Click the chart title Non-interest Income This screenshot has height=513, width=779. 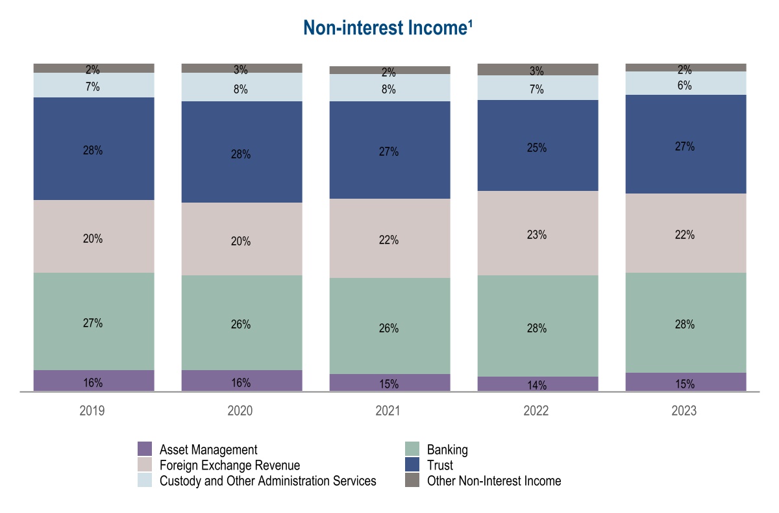tap(389, 28)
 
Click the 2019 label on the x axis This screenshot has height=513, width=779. tap(93, 411)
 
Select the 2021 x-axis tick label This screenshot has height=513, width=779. tap(389, 411)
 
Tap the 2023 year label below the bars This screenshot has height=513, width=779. tap(685, 411)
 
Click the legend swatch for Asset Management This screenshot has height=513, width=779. tap(145, 449)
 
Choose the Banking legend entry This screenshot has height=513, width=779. tap(447, 449)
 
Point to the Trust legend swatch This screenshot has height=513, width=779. tap(412, 465)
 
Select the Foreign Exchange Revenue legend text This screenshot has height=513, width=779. tap(230, 465)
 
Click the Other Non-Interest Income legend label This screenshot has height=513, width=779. tap(493, 481)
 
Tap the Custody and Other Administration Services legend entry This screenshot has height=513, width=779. tap(267, 481)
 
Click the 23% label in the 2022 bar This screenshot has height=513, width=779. tap(538, 235)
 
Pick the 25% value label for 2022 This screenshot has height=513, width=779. tap(538, 148)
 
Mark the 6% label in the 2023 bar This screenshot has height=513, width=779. tap(685, 86)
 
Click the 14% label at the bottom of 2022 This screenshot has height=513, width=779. tap(538, 386)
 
